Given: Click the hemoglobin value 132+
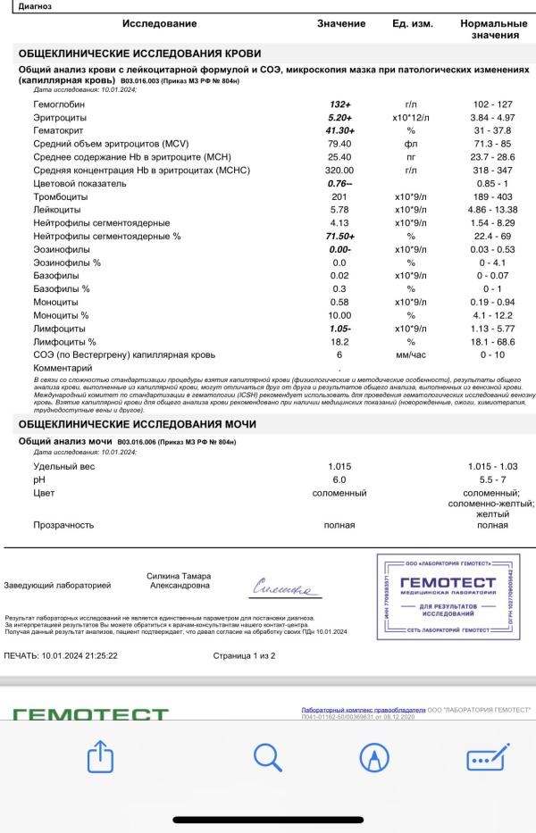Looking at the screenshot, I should pos(340,104).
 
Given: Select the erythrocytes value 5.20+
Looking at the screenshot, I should pos(340,118).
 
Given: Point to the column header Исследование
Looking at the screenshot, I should pos(159,23).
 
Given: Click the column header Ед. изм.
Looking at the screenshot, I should pos(412,23).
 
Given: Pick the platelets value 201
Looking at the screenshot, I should pos(339,196).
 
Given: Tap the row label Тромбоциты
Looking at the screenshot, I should pos(60,196).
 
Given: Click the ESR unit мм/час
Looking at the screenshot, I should pos(411,354).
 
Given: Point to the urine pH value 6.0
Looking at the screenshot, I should pos(339,479).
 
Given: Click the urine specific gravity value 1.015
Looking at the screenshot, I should pos(340,466).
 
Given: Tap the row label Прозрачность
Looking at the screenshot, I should pos(63,525).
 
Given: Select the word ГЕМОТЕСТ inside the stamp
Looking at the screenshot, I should pos(454,583).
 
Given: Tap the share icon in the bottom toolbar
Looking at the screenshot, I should pos(100,758).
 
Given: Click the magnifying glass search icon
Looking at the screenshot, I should pos(268,758).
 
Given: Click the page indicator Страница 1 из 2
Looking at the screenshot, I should pos(244,655).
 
